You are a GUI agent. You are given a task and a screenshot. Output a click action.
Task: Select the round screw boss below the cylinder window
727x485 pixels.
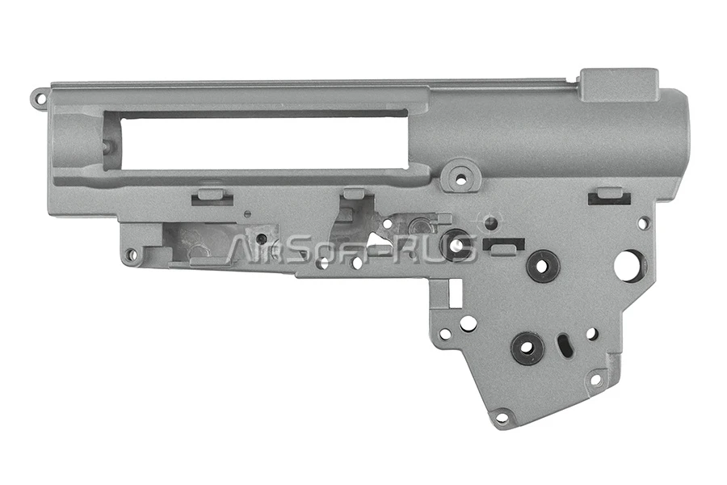pos(460,177)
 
